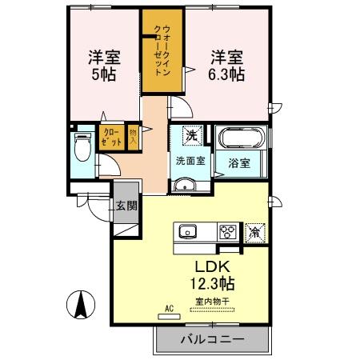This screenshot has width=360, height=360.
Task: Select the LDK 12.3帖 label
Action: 213,275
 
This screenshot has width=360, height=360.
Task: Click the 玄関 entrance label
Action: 126,205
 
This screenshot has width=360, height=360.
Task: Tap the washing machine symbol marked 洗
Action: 192,135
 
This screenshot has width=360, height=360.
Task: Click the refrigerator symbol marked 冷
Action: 255,232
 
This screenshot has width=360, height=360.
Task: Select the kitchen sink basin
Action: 188,233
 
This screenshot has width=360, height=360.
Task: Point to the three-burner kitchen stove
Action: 227,233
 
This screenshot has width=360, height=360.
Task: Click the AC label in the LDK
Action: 169,307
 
